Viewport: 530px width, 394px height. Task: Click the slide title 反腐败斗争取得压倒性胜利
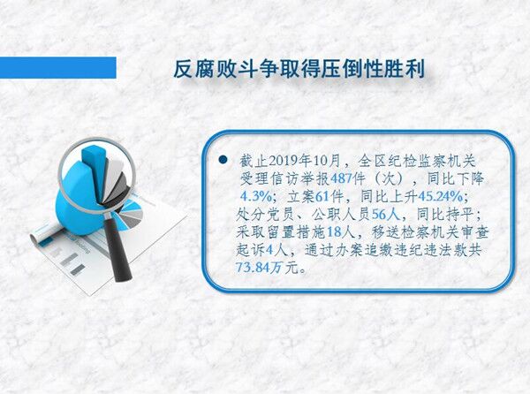tap(299, 70)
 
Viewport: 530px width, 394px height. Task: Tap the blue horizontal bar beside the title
tap(57, 68)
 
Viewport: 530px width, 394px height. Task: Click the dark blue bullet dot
tap(223, 160)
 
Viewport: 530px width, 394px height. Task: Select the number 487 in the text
tap(341, 178)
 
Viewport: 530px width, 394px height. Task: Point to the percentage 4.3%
tap(256, 196)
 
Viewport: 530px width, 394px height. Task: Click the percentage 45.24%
tap(441, 196)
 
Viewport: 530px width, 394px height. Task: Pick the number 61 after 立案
tap(322, 196)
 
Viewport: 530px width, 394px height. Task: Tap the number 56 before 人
tap(379, 215)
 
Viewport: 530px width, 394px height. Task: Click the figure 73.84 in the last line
tap(254, 268)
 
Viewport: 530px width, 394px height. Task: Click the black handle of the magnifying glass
tap(117, 249)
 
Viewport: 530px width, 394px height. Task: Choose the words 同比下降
tap(456, 178)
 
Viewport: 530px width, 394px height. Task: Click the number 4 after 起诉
tap(269, 250)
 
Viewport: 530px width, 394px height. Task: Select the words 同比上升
tap(389, 196)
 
